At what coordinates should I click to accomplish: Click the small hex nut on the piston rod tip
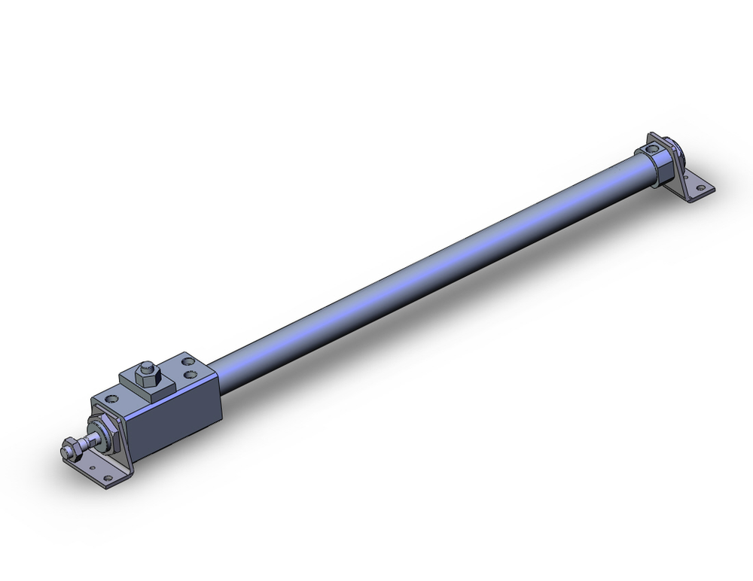coord(72,449)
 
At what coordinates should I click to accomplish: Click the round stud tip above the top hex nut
coord(147,367)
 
